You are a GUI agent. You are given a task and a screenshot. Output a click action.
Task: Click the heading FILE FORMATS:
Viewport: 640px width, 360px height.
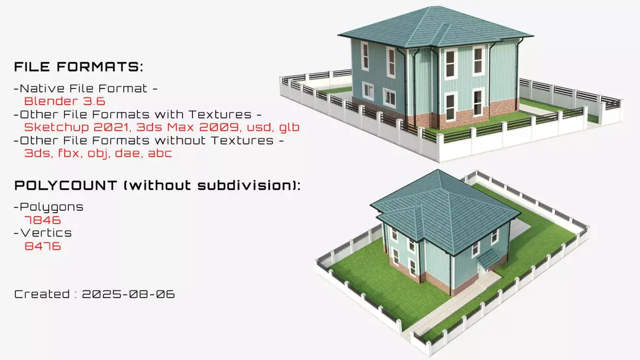pyautogui.click(x=78, y=67)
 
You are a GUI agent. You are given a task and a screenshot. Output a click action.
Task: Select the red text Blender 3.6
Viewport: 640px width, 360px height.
pyautogui.click(x=65, y=101)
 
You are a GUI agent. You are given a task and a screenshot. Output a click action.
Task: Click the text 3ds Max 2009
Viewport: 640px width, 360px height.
pyautogui.click(x=188, y=127)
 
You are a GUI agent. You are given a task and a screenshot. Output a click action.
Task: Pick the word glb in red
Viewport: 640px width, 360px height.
pyautogui.click(x=289, y=127)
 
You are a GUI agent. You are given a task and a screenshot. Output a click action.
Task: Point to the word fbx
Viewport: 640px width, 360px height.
pyautogui.click(x=69, y=153)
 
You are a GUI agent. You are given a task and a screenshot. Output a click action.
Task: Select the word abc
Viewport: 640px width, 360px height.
pyautogui.click(x=160, y=153)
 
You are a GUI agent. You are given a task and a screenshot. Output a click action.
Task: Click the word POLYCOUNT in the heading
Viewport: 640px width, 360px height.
pyautogui.click(x=66, y=186)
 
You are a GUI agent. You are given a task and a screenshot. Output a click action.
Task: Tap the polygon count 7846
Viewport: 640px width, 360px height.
pyautogui.click(x=43, y=220)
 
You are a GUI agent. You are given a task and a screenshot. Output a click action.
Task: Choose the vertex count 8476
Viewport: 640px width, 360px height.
pyautogui.click(x=43, y=246)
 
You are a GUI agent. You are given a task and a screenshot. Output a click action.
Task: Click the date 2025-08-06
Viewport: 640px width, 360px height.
pyautogui.click(x=129, y=294)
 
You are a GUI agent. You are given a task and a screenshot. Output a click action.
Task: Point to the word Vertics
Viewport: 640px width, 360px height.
pyautogui.click(x=46, y=233)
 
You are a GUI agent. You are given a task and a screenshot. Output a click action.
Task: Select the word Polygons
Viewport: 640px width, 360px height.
pyautogui.click(x=51, y=207)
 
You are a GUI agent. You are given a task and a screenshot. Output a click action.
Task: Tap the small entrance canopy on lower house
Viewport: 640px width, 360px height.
pyautogui.click(x=489, y=257)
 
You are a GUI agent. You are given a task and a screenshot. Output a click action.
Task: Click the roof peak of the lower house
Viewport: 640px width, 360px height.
pyautogui.click(x=437, y=170)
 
